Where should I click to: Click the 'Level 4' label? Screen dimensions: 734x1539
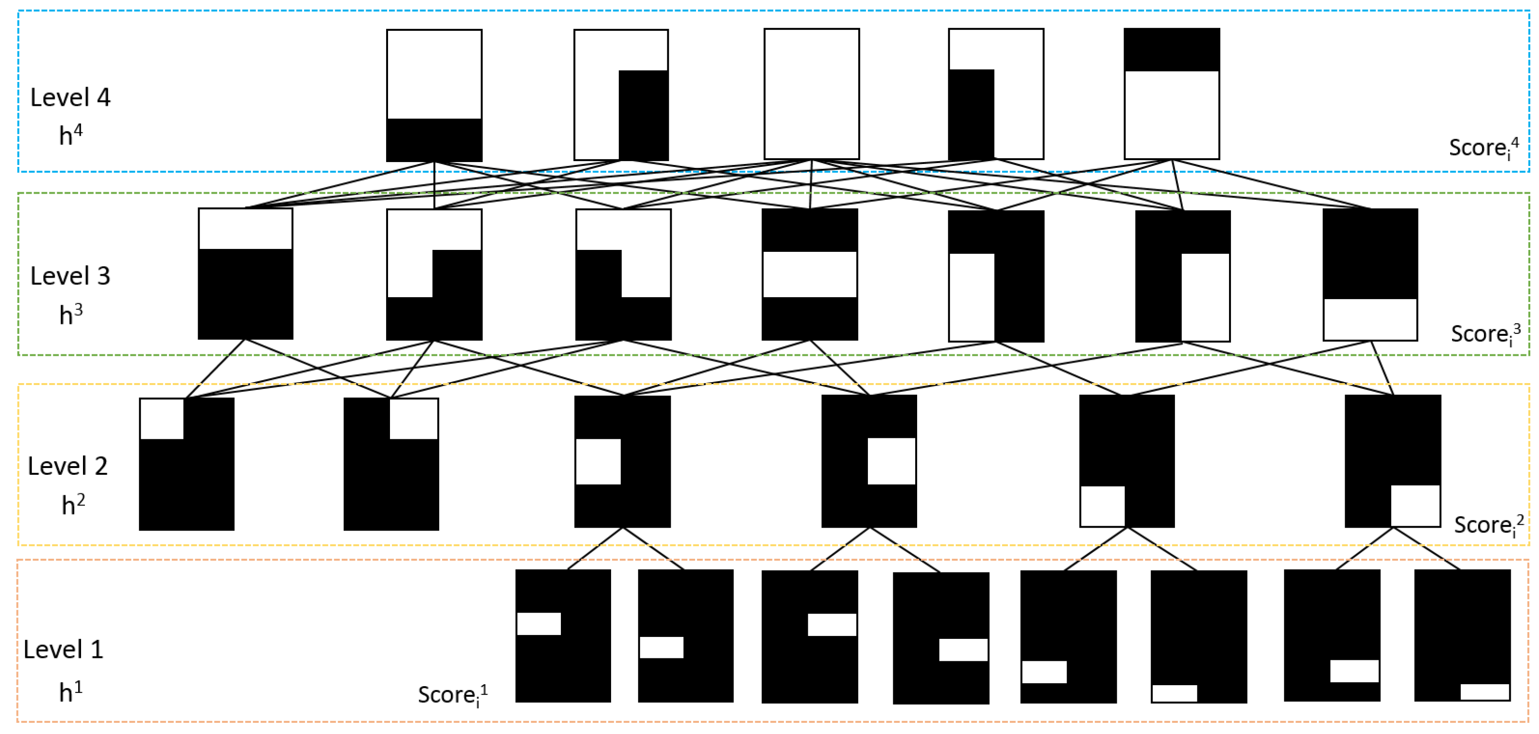70,97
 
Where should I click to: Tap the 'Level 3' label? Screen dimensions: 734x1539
70,276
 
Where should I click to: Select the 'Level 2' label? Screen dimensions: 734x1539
67,466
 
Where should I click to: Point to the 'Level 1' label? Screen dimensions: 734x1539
63,649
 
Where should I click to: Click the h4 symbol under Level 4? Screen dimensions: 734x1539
70,135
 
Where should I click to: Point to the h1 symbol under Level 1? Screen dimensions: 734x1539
70,692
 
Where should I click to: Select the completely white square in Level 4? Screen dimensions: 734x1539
811,94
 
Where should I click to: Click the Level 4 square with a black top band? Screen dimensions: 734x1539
1171,94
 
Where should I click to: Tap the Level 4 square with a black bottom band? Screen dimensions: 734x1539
434,95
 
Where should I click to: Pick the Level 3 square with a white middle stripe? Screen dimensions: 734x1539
810,274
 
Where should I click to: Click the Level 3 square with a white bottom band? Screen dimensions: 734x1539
1370,275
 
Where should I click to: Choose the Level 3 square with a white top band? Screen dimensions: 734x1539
246,273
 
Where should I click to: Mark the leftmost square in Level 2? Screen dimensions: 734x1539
186,464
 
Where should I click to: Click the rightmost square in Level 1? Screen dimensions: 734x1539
1462,635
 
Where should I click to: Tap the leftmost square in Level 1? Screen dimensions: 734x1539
563,635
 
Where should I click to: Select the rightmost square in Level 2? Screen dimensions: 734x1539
1393,461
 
